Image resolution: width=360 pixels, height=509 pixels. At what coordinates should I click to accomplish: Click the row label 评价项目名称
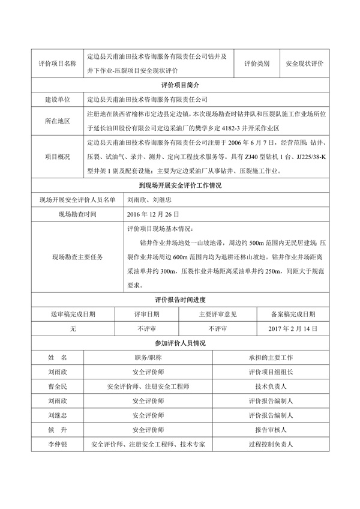point(58,63)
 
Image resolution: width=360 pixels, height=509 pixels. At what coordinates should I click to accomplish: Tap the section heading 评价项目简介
point(180,85)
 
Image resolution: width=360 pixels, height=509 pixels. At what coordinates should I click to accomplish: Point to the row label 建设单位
point(58,99)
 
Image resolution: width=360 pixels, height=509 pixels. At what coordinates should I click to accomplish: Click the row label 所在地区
point(58,121)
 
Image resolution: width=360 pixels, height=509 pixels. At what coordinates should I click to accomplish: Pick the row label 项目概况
point(58,157)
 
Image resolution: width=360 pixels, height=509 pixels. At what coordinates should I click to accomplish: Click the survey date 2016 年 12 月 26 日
point(153,214)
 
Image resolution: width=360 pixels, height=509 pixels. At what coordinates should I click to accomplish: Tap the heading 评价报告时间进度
point(180,299)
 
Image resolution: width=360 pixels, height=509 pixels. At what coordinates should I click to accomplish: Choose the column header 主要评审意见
point(218,313)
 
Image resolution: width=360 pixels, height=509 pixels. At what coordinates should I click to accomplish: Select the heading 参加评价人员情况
point(180,343)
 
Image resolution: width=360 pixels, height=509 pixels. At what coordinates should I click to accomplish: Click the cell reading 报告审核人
point(270,430)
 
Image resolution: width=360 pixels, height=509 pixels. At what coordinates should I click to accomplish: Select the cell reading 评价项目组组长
point(270,372)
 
